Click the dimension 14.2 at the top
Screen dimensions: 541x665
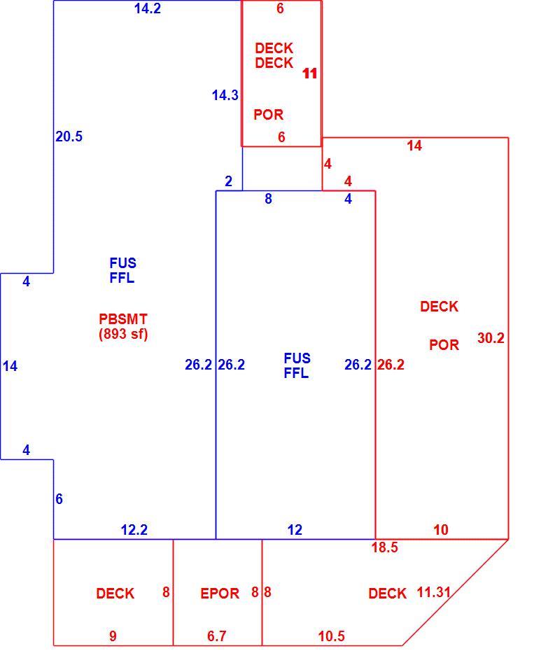(148, 8)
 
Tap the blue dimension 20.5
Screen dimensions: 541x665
(69, 136)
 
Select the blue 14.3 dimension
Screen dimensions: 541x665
(225, 95)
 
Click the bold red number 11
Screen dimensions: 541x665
(310, 73)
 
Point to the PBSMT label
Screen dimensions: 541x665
(123, 319)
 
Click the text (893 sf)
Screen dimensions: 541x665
(123, 334)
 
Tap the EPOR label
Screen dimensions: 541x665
(220, 594)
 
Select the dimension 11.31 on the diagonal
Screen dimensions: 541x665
(433, 592)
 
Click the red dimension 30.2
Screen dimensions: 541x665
(491, 338)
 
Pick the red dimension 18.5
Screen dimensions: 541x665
(384, 547)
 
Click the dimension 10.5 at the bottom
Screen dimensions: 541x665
(332, 636)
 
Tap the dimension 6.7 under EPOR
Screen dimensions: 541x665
(217, 636)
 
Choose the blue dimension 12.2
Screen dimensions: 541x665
(134, 530)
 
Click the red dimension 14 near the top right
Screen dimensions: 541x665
(414, 146)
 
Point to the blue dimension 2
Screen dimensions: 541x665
(229, 181)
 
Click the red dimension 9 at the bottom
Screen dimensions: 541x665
(113, 636)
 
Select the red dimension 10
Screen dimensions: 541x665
(441, 530)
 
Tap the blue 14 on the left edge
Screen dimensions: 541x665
(10, 366)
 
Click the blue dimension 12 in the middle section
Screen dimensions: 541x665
(295, 530)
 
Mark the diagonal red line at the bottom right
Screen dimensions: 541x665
(456, 592)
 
